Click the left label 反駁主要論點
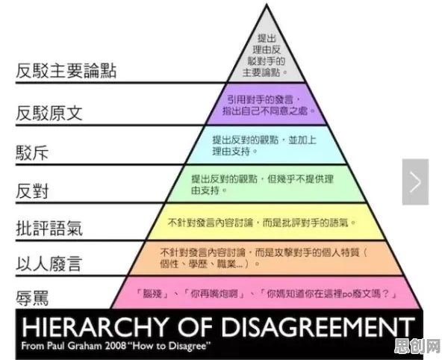[x=66, y=70]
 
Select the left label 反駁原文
[x=49, y=113]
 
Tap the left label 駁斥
[x=32, y=153]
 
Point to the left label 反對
[x=32, y=190]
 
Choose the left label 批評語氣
[x=49, y=228]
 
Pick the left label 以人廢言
[x=49, y=263]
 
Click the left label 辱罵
[x=32, y=297]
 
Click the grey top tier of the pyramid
[x=267, y=57]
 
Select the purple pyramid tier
[x=267, y=104]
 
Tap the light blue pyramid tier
[x=267, y=145]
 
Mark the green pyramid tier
[x=267, y=184]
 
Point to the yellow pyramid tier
[x=267, y=222]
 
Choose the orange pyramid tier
[x=267, y=258]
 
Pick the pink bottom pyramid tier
[x=267, y=293]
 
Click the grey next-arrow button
[x=415, y=181]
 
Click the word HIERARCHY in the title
[x=94, y=326]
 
